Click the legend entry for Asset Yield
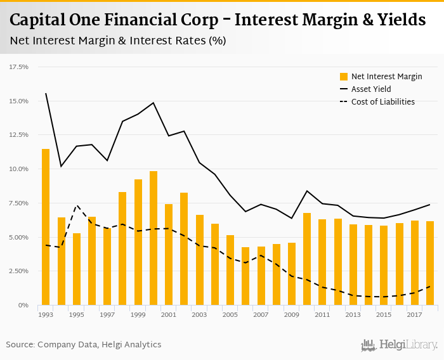[x=371, y=89]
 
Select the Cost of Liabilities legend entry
[x=382, y=102]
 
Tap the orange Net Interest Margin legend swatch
[x=344, y=77]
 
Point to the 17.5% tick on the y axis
[x=20, y=67]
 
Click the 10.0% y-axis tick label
[x=20, y=169]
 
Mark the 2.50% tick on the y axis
[x=19, y=271]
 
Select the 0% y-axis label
[x=24, y=305]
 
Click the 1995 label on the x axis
[x=76, y=315]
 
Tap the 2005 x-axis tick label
[x=230, y=315]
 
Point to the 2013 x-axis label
[x=353, y=315]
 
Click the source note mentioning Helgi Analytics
[x=84, y=345]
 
